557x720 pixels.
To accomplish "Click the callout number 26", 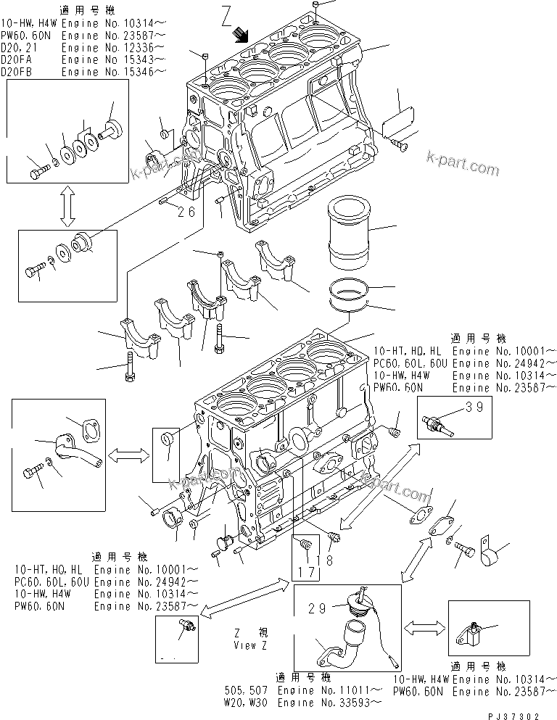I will coord(186,212).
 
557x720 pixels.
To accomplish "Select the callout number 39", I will coord(474,407).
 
